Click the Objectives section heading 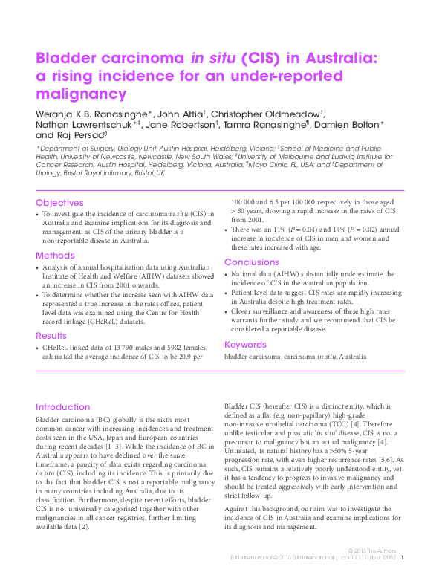[59, 203]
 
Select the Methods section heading [55, 255]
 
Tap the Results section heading [52, 335]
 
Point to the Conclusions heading [252, 262]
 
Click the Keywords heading [245, 345]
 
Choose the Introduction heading [63, 407]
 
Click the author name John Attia [182, 114]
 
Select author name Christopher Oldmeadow [271, 114]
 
